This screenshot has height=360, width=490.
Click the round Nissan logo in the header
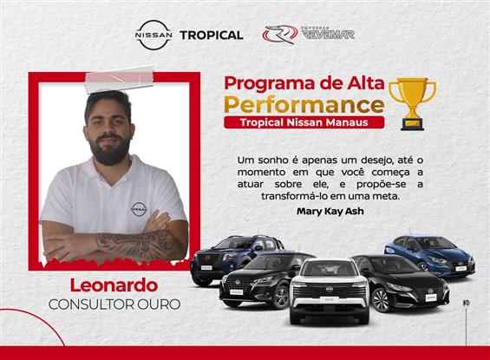[154, 35]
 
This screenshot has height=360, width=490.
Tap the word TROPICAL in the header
[211, 36]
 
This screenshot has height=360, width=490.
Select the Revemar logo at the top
[297, 34]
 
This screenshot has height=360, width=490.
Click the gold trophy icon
[412, 101]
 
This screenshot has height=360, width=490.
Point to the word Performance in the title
[304, 105]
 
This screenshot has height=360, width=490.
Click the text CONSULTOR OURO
[108, 304]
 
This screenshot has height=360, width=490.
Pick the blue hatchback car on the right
[428, 252]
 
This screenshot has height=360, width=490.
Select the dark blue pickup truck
[224, 255]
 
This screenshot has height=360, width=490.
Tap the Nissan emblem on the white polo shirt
[139, 208]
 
